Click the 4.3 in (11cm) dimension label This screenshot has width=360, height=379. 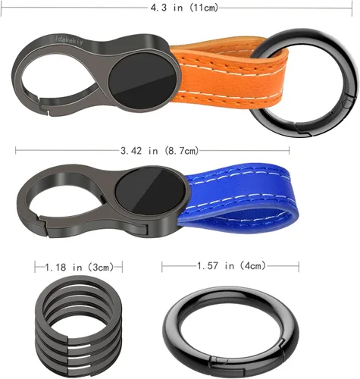click(184, 8)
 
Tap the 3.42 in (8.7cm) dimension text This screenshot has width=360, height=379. click(160, 151)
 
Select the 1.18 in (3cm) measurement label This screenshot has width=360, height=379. click(80, 267)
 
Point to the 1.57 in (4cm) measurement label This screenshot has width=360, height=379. click(231, 266)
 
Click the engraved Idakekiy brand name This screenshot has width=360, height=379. click(69, 40)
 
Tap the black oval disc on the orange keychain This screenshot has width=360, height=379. click(142, 81)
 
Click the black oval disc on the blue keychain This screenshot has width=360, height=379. click(151, 191)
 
